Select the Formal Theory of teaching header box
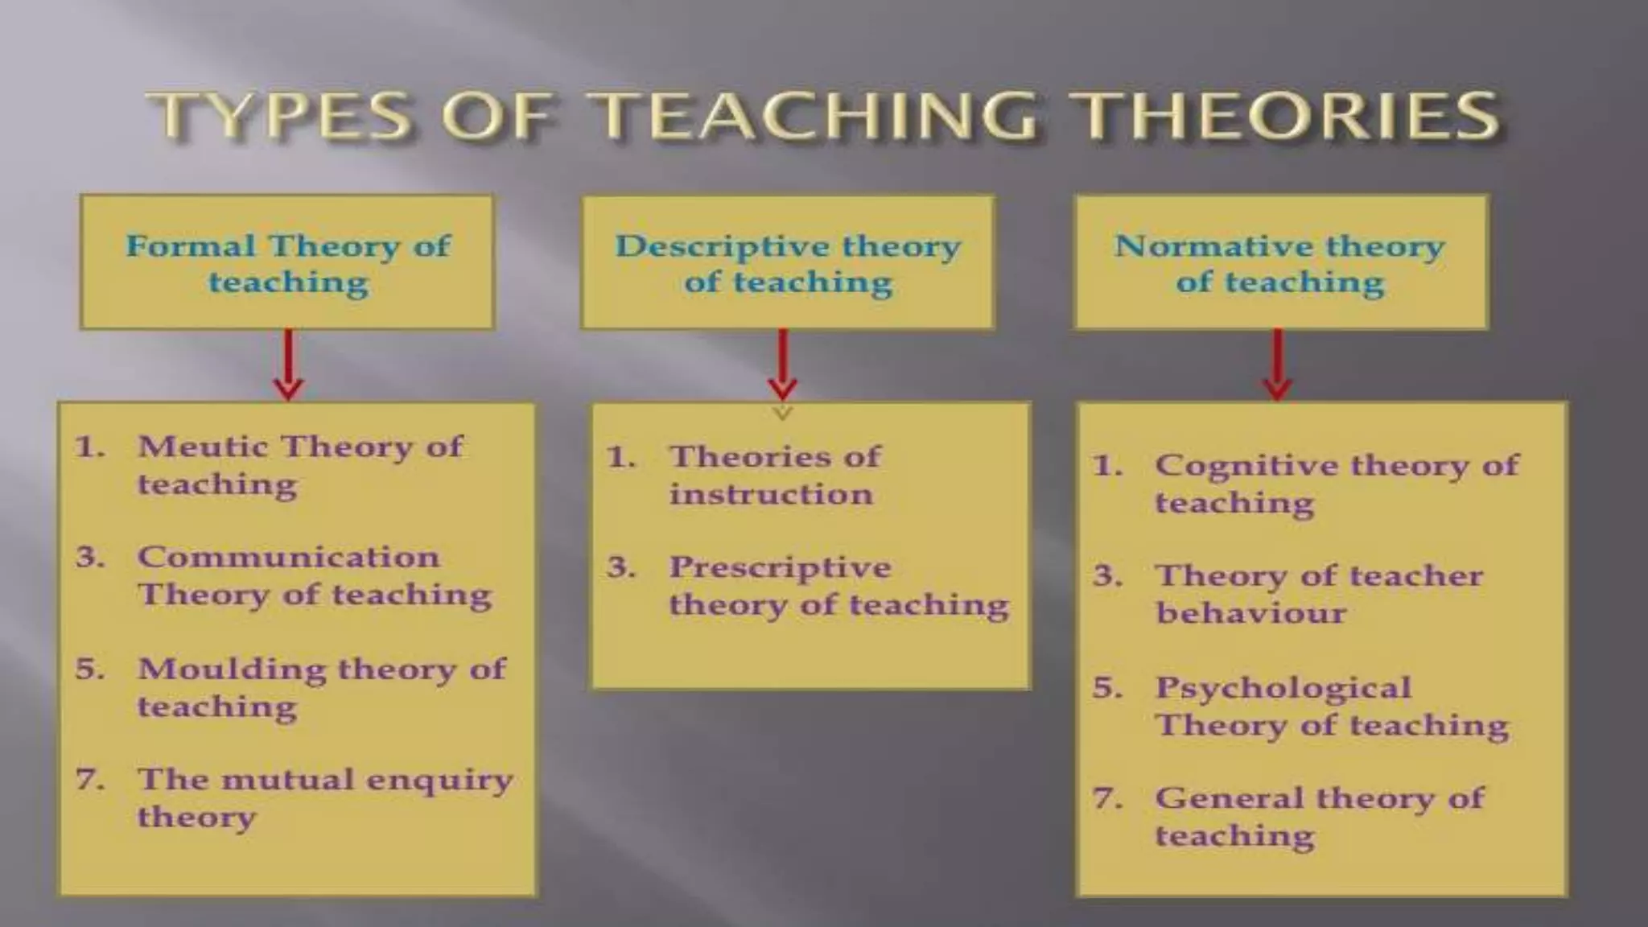[x=287, y=262]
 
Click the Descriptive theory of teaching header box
[x=788, y=262]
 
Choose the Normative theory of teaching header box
[x=1280, y=262]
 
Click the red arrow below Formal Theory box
[x=288, y=364]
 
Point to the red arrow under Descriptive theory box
[x=782, y=364]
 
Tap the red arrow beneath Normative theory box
[x=1277, y=364]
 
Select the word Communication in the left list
[x=288, y=557]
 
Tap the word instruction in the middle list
[x=771, y=494]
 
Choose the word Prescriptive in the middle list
[x=780, y=568]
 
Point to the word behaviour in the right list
[x=1250, y=613]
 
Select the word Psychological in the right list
[x=1283, y=688]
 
